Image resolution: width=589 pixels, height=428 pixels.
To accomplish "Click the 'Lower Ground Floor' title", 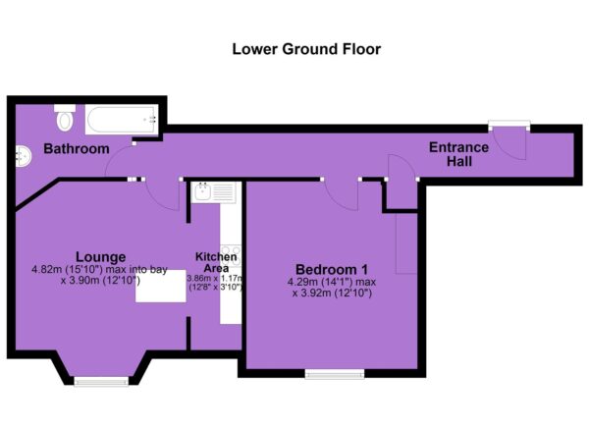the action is (306, 49).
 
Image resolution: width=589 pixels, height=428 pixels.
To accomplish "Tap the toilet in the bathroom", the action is (65, 118).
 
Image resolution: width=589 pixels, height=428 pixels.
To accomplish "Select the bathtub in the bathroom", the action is (122, 119).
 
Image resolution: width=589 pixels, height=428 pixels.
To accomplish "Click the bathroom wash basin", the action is (23, 156).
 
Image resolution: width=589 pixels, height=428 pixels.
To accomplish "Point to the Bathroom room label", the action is (77, 149).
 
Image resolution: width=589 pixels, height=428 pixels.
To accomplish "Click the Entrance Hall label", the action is (458, 154).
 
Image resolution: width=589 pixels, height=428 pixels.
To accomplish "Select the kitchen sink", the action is (213, 192).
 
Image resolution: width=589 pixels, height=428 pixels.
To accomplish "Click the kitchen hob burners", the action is (231, 255).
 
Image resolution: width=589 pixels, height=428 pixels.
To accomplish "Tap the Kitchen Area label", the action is (216, 262).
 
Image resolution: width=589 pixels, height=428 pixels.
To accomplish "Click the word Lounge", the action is (101, 256).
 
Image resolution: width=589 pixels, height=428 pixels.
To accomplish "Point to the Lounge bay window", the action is (101, 382).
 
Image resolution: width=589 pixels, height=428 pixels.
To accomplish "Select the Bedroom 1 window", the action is (335, 374).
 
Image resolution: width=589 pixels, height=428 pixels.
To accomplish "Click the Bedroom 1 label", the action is (332, 269).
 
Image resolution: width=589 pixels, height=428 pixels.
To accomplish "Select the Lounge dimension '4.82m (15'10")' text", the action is (68, 269).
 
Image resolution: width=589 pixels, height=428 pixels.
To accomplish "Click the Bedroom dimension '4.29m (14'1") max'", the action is (332, 282).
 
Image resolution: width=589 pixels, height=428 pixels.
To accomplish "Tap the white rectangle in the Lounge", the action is (161, 286).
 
